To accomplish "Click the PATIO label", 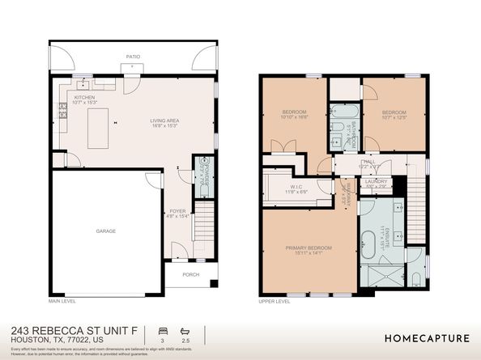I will coord(133,57).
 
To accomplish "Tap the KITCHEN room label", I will coord(84,99).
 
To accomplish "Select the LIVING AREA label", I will coord(164,122).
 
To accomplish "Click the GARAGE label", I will coord(106,231).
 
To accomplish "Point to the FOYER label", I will coord(177,212).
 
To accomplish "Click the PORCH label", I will coord(190,273).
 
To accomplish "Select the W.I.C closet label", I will coord(296,188).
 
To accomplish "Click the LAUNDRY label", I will coord(376,182).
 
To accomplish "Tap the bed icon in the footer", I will coord(163,331).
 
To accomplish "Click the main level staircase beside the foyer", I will coord(206,227).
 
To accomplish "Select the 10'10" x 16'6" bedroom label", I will coord(294,114).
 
